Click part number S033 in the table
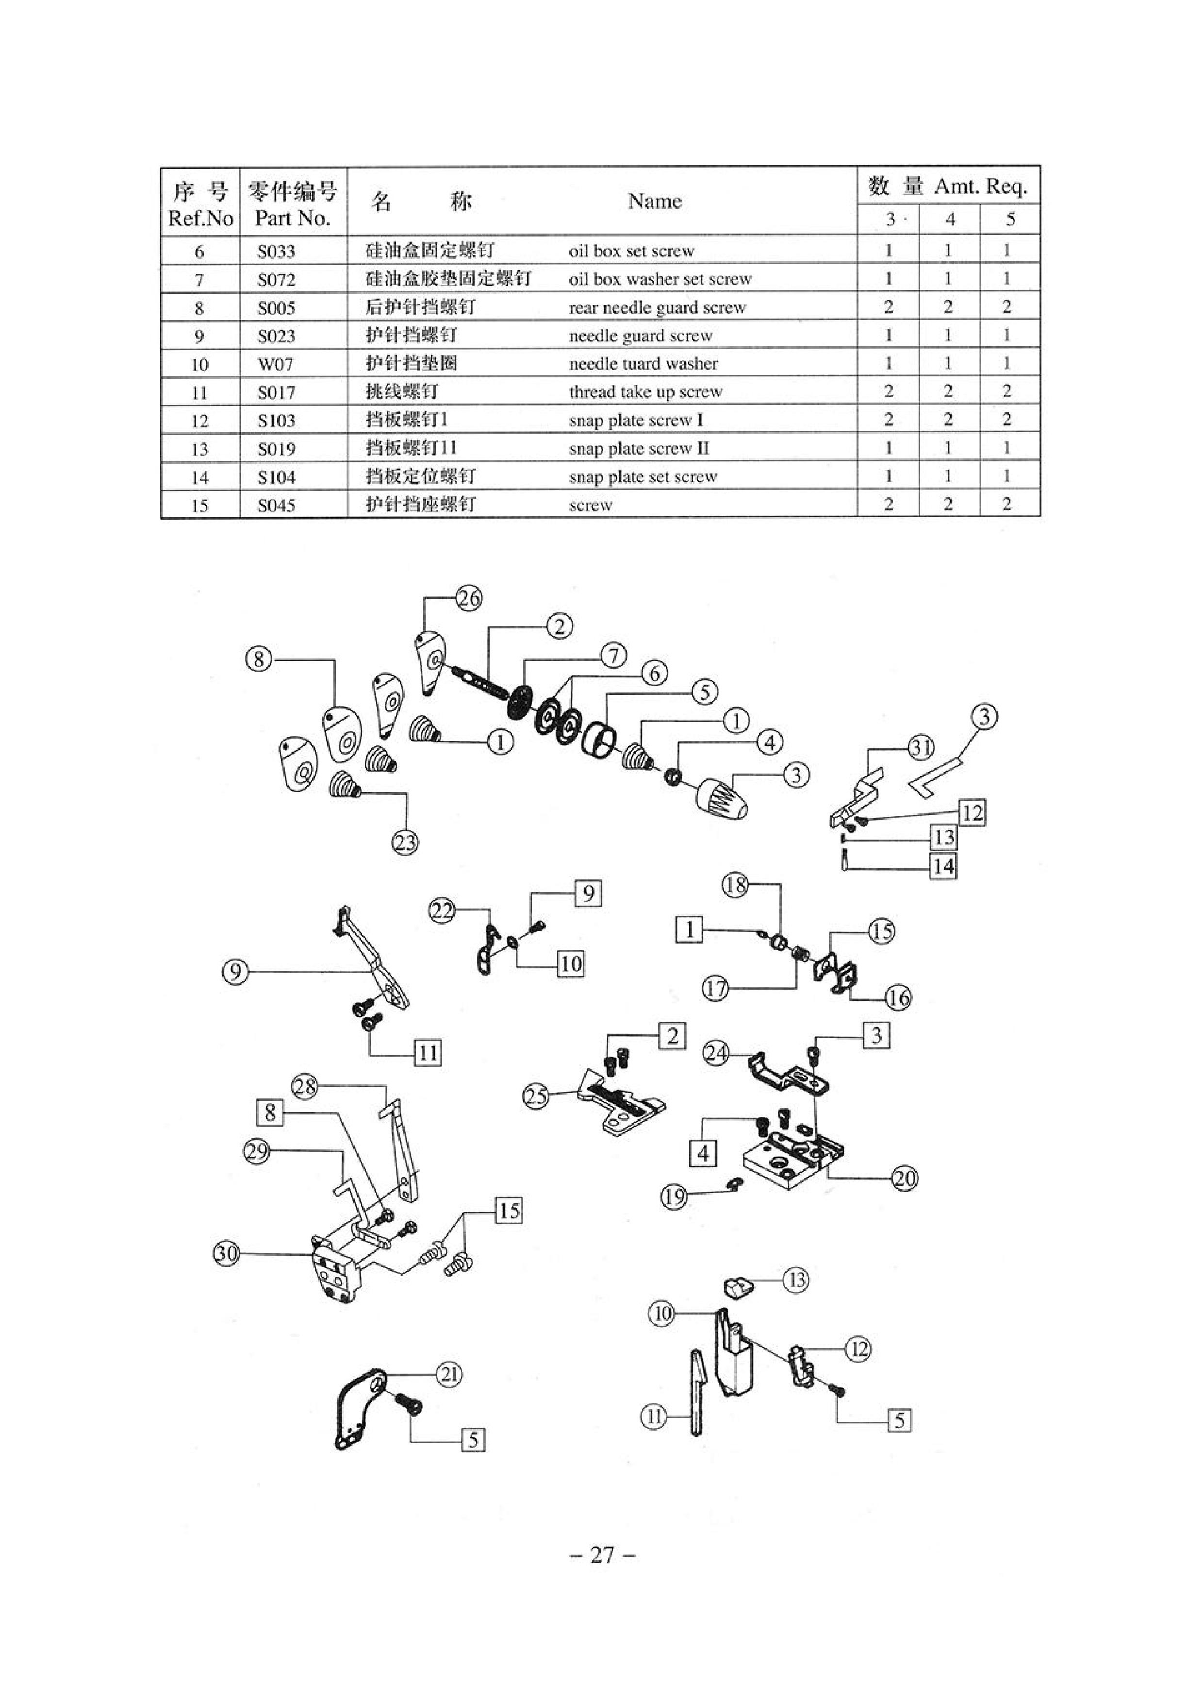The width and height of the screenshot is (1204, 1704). point(276,252)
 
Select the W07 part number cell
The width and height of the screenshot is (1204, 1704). point(275,364)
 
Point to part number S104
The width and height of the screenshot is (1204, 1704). point(276,477)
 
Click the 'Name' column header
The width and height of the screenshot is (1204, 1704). point(654,201)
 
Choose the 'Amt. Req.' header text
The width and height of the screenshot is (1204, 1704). point(981,186)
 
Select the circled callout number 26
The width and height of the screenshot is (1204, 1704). point(469,598)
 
